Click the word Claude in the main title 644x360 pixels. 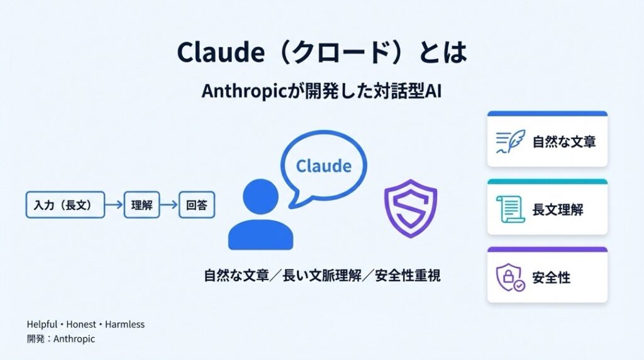point(221,52)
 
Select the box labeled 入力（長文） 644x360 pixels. point(65,205)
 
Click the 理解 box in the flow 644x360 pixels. point(142,205)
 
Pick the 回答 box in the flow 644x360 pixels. point(197,205)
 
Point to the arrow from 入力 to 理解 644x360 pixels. point(114,205)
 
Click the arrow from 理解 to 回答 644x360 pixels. point(169,205)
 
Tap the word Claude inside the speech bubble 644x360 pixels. point(324,166)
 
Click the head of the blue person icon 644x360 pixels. point(261,196)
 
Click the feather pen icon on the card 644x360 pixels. point(511,142)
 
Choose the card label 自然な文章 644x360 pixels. point(564,142)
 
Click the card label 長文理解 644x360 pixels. point(558,210)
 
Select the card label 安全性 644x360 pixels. point(551,278)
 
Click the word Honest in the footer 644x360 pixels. point(81,325)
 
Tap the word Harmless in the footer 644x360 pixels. point(125,325)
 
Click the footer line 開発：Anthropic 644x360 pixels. point(61,339)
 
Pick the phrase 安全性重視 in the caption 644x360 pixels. point(408,276)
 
